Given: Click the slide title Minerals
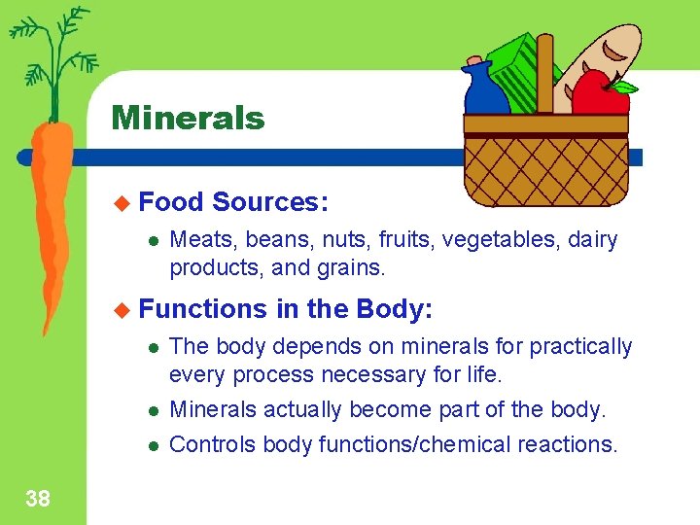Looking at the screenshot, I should tap(188, 119).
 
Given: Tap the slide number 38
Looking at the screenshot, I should tap(37, 500).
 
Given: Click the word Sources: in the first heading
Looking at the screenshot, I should tap(270, 202).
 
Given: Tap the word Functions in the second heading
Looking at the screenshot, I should tap(203, 309).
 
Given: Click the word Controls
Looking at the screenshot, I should tap(206, 445).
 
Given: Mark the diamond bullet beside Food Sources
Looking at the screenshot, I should tap(122, 202).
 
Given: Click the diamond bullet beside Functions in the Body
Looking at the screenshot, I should tap(122, 309).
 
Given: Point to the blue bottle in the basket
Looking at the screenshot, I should tap(485, 92).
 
